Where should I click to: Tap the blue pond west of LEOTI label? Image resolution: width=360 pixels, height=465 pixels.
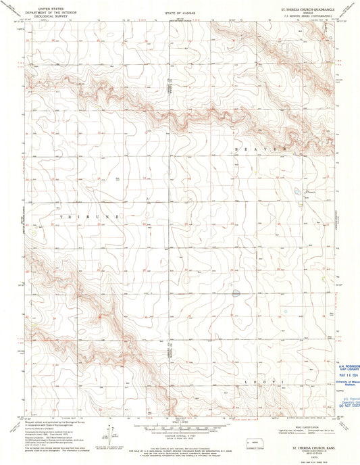click(236, 293)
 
